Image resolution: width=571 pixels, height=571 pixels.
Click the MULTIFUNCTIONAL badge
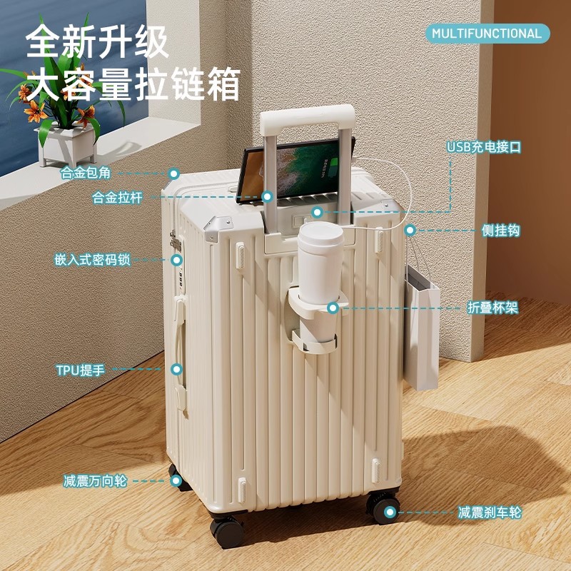[487, 34]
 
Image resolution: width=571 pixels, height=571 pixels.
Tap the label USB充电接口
[485, 148]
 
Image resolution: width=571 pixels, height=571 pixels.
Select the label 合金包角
[86, 173]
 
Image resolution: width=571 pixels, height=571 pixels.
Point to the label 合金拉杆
[118, 198]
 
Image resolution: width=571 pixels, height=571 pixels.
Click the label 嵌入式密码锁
[93, 260]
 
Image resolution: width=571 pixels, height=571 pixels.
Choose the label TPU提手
[81, 370]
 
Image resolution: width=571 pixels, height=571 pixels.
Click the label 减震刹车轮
[490, 512]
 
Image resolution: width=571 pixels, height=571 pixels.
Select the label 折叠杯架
[492, 308]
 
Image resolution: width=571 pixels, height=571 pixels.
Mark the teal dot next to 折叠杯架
[333, 308]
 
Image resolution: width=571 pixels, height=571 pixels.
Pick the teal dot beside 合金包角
[173, 173]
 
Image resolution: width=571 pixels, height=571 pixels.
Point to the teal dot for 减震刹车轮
[390, 512]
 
